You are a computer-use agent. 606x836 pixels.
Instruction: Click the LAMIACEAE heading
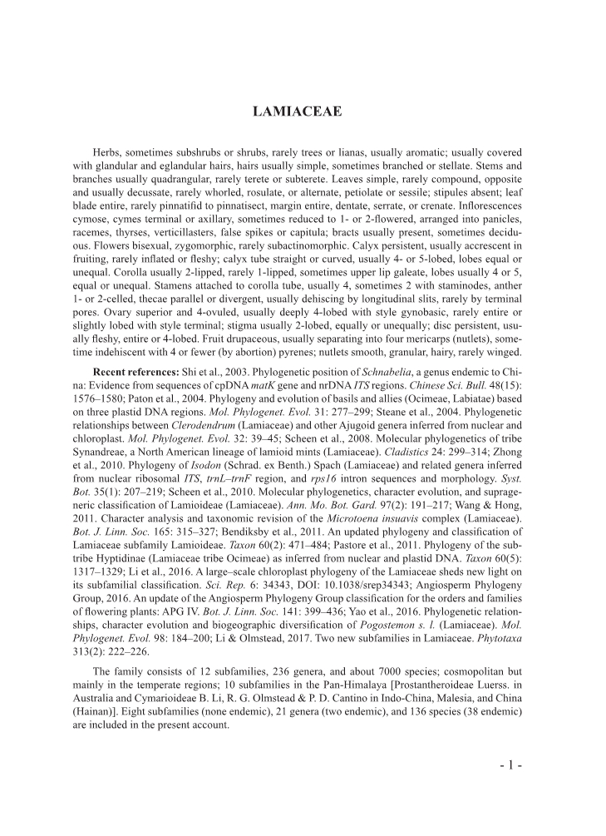(x=303, y=111)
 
